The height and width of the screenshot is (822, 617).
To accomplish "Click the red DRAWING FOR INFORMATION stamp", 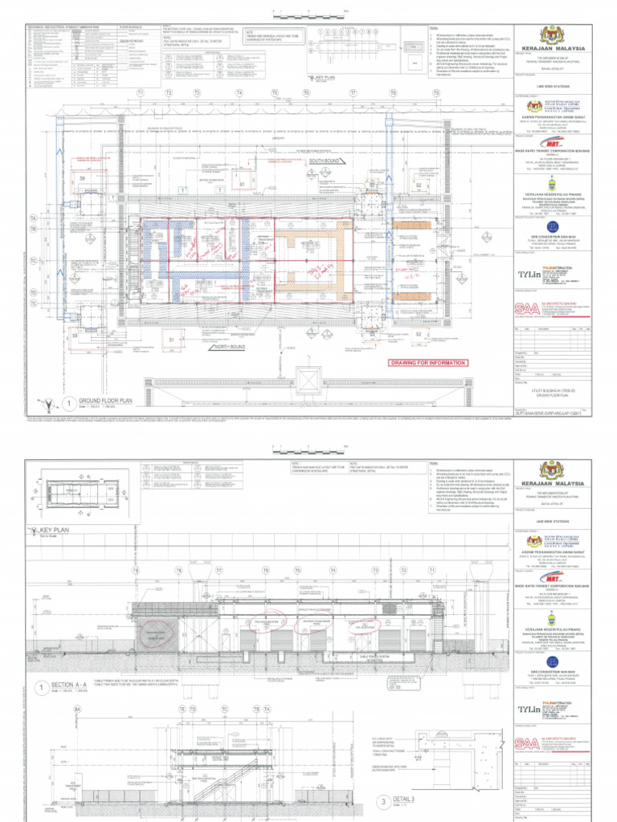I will point(427,363).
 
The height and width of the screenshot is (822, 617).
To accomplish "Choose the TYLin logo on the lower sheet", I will point(528,710).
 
